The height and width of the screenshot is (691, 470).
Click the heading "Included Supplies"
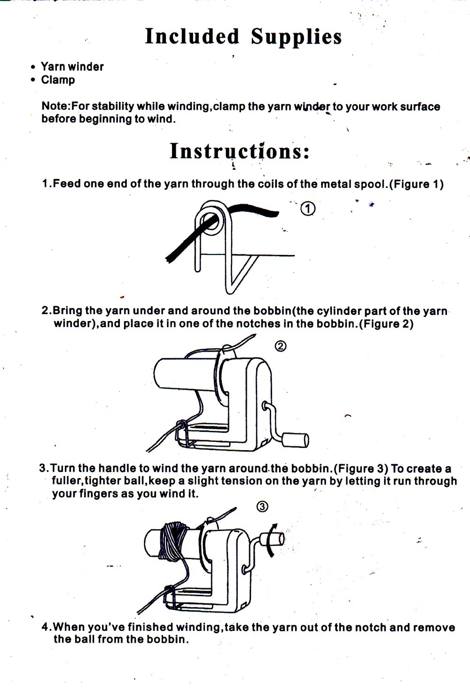(243, 37)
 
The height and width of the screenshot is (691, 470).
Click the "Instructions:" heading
(240, 151)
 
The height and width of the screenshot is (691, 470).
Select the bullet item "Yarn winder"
(72, 67)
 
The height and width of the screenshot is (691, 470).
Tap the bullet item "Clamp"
(58, 80)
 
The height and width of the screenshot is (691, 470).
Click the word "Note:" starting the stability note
(56, 106)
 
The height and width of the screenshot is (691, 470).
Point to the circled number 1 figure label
(307, 208)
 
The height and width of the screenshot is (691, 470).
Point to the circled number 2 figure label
(280, 346)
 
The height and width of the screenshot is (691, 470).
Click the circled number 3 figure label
(262, 506)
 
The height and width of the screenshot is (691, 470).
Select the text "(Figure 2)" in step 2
(386, 324)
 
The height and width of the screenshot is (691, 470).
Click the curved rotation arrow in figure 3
(271, 540)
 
